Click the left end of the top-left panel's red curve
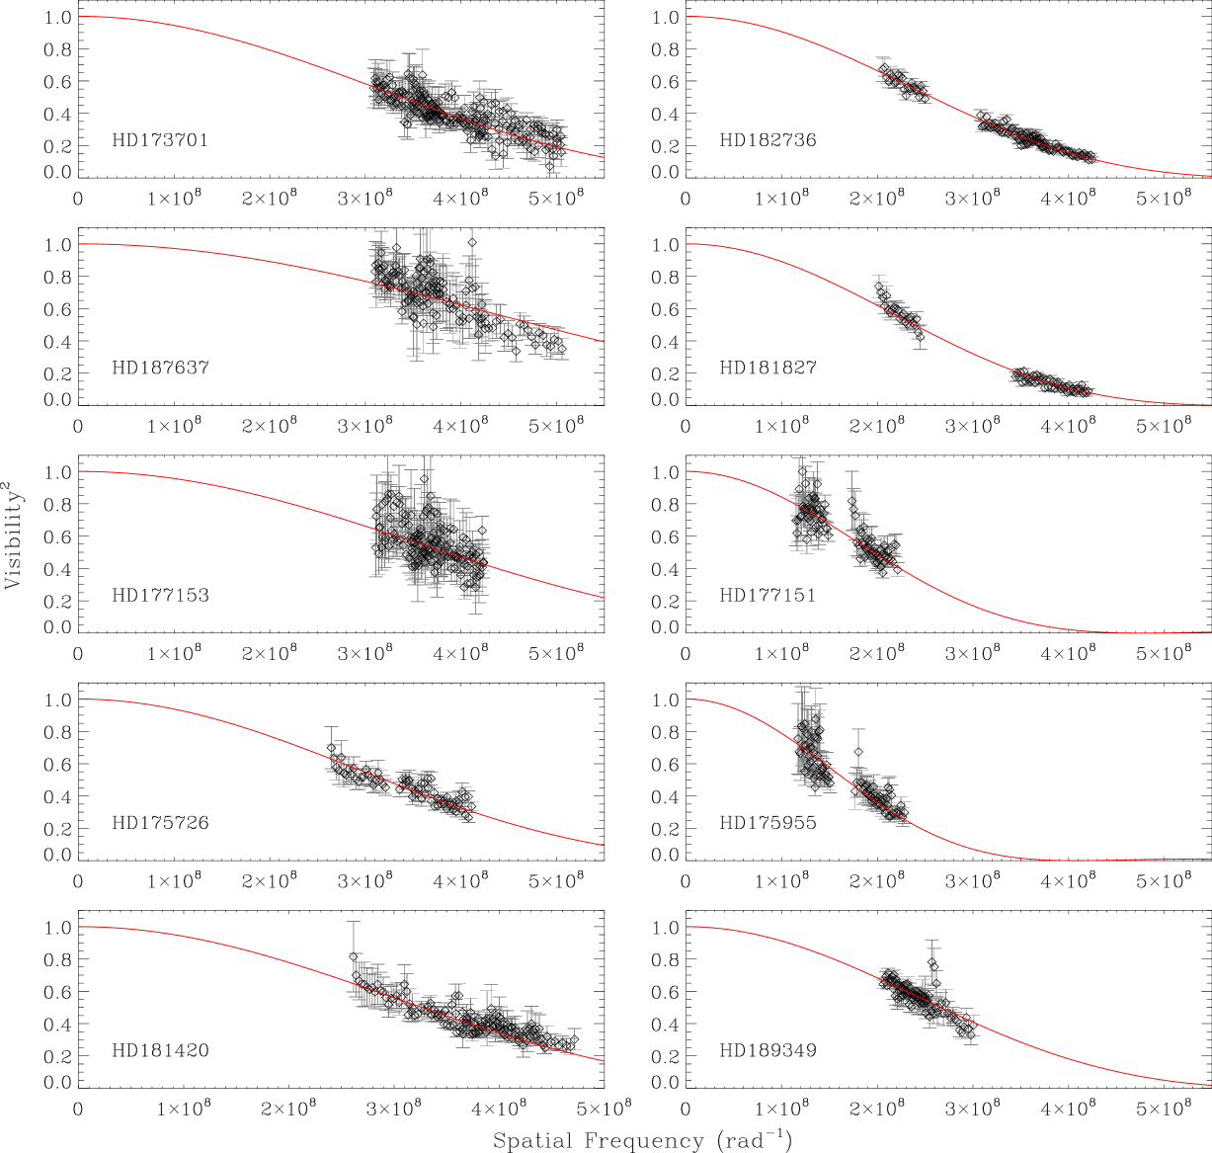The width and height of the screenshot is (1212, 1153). point(80,17)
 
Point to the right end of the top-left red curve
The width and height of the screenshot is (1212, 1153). point(603,157)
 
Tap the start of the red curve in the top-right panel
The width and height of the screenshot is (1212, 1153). point(687,17)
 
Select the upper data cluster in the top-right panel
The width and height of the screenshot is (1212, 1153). point(904,83)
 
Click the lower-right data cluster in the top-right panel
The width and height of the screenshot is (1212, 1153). point(1037,140)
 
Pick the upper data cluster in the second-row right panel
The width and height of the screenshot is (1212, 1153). point(900,310)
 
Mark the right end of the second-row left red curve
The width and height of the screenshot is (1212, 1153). point(603,342)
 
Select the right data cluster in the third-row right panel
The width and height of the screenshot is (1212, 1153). point(872,543)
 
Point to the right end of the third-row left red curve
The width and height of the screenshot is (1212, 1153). point(603,597)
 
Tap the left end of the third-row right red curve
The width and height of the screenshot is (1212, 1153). point(687,471)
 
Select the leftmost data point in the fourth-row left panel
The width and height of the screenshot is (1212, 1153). point(331,748)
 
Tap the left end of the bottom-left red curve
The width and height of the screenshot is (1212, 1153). point(80,927)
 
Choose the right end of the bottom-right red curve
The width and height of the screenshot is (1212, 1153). point(1210,1085)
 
